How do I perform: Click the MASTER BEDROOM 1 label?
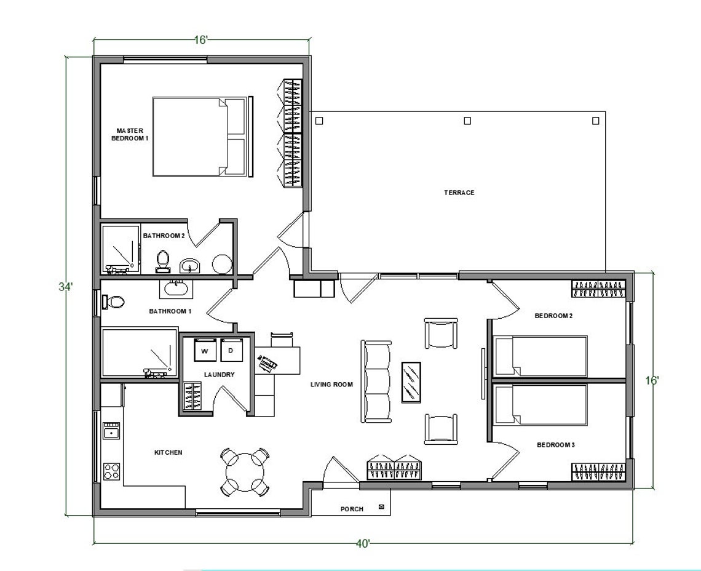pos(129,134)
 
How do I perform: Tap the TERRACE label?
pos(459,193)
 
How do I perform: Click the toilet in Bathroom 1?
pos(114,302)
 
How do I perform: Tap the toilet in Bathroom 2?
pos(163,261)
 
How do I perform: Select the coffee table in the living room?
pos(411,382)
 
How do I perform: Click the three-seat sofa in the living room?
pos(376,382)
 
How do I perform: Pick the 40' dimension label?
pos(363,544)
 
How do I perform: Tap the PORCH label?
pos(352,509)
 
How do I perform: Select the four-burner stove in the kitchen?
pos(111,471)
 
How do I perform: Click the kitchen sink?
pos(111,431)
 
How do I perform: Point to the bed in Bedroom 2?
pos(541,356)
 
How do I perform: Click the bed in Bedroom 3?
pos(541,405)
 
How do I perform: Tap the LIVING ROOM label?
pos(331,385)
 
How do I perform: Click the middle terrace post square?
pos(467,121)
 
